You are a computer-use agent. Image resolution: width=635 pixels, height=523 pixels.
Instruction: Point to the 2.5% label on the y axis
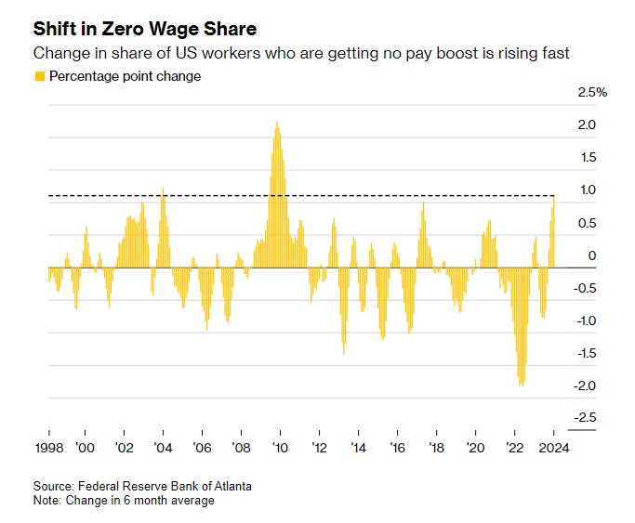pos(591,92)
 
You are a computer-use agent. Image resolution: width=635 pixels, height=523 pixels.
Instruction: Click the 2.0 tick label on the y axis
pos(587,124)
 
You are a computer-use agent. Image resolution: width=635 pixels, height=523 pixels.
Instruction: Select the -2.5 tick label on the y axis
pos(584,418)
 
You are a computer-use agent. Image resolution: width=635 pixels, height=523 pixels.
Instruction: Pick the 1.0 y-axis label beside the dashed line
pos(587,190)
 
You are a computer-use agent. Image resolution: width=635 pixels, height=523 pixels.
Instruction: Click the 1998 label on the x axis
pos(48,447)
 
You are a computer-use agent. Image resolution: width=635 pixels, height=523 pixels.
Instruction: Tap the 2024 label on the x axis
pos(553,447)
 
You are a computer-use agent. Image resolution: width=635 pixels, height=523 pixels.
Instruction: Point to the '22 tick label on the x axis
pos(516,447)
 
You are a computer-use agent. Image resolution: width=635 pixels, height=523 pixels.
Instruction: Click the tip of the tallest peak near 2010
pos(277,122)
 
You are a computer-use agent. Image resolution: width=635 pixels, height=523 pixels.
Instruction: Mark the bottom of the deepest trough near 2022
pos(521,385)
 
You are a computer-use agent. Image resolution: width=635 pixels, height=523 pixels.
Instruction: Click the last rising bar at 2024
pos(554,197)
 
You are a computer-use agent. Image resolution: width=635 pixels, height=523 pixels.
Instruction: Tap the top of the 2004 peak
pos(164,189)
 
